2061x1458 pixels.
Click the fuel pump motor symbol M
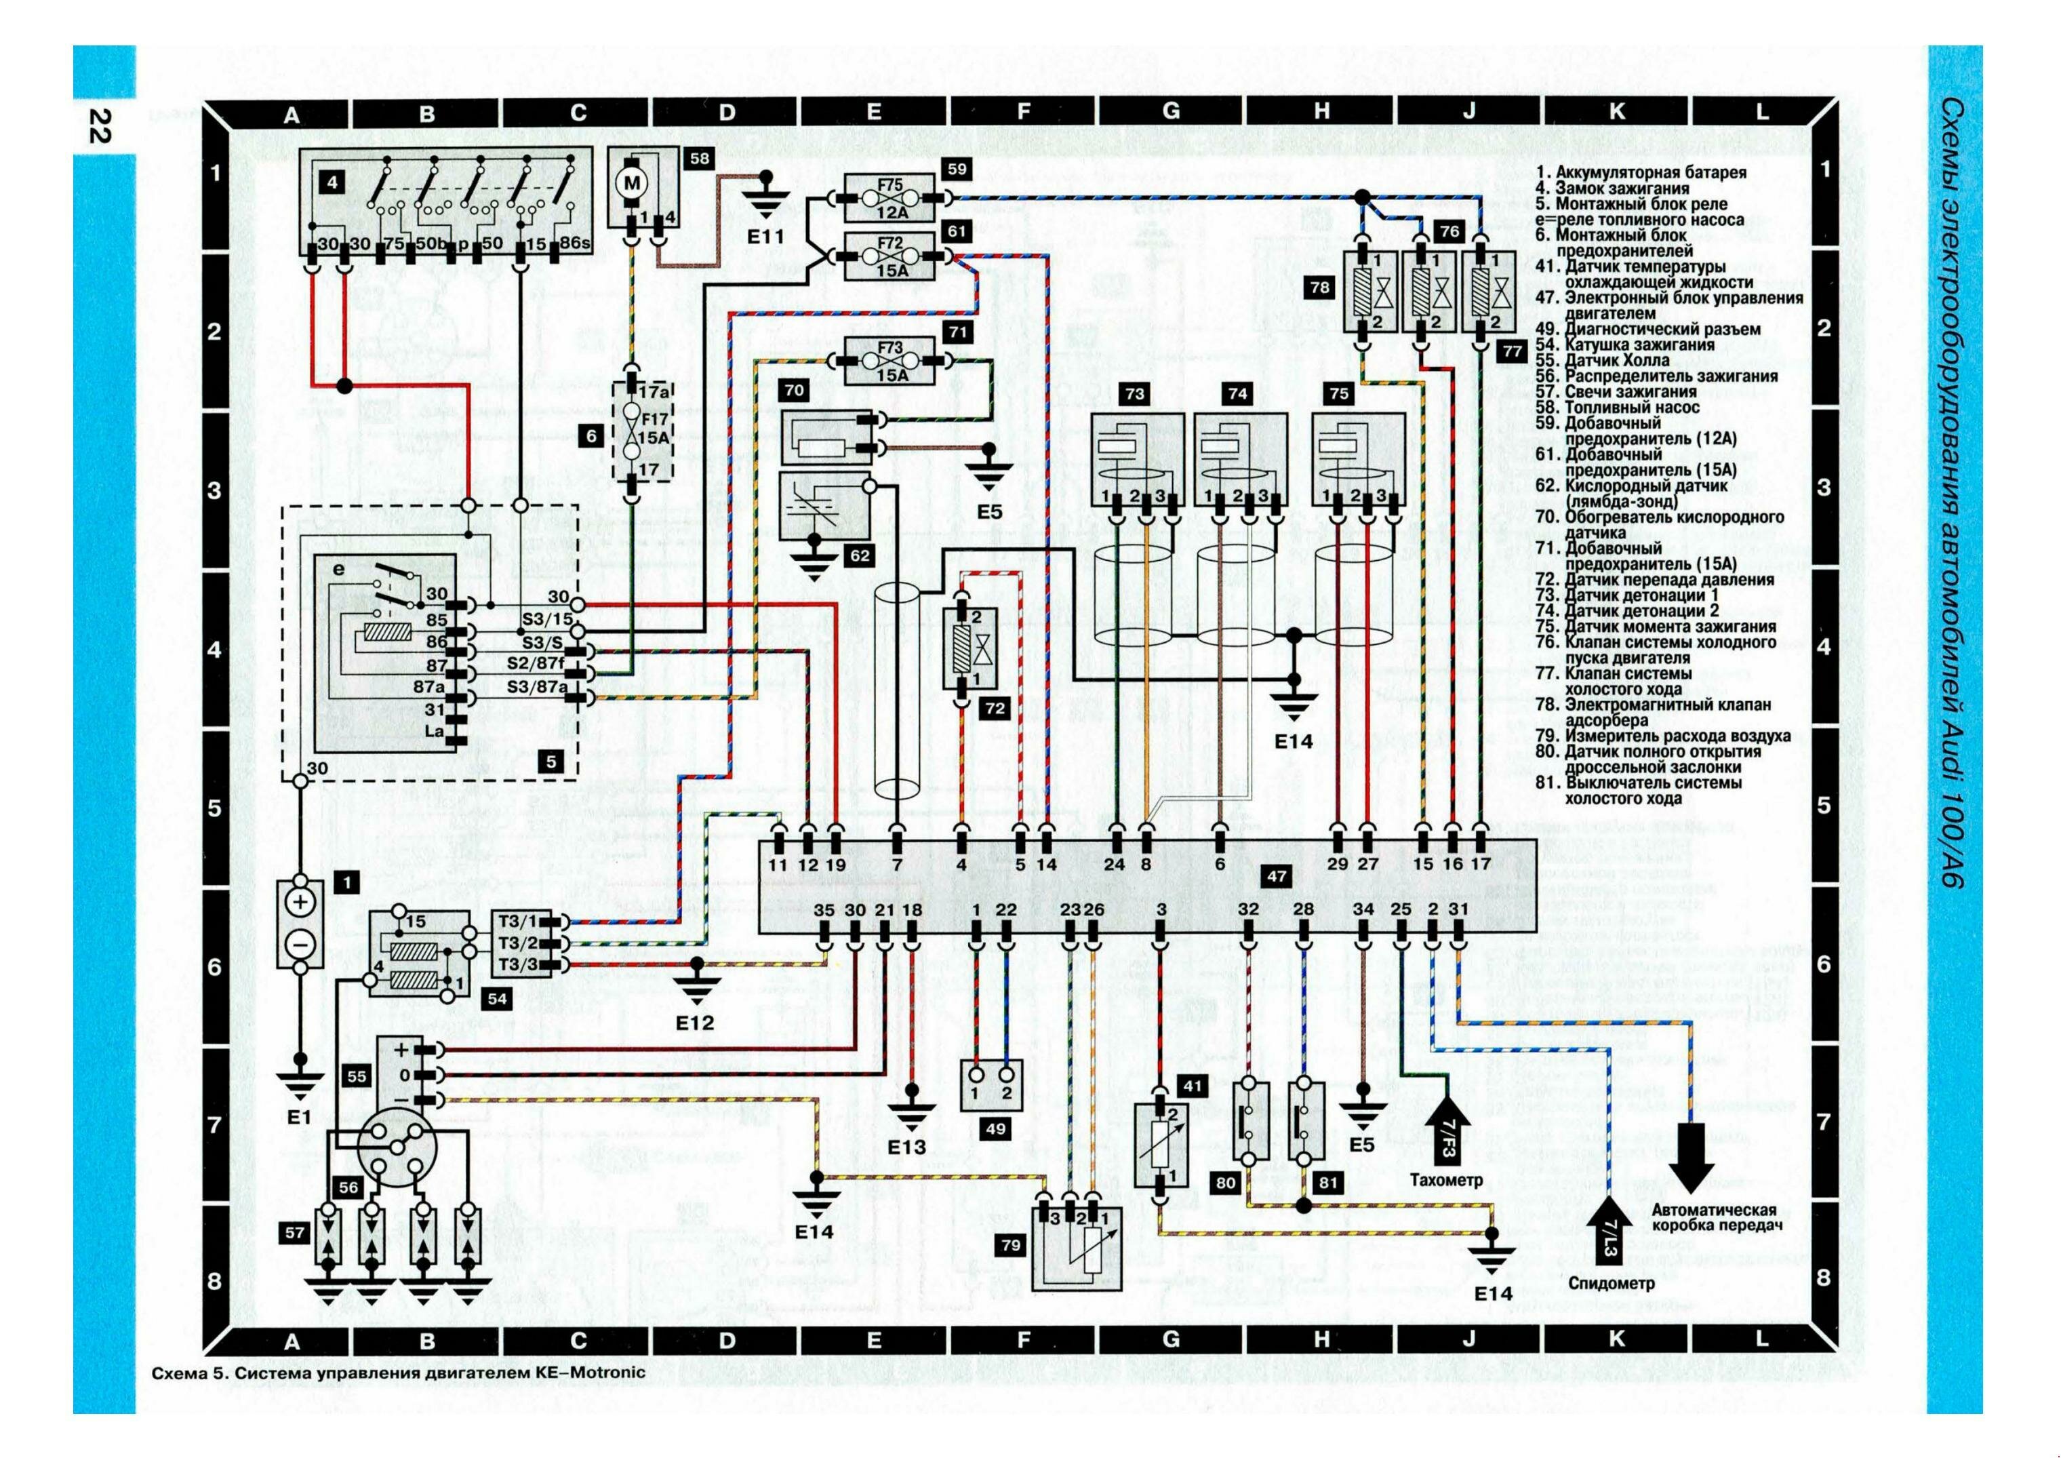(633, 183)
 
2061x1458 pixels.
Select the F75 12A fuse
(890, 197)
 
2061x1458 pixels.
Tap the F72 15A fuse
(890, 257)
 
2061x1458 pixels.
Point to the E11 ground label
(765, 237)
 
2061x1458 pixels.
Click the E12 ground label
(695, 1023)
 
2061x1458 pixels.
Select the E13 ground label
(906, 1147)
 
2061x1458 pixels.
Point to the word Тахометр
(1446, 1181)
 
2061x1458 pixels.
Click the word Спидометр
(1612, 1284)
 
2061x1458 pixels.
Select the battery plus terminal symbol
(301, 901)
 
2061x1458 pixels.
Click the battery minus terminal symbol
(301, 945)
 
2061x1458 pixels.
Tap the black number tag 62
(859, 555)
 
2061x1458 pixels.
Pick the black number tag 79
(1011, 1244)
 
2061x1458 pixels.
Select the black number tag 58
(698, 159)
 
